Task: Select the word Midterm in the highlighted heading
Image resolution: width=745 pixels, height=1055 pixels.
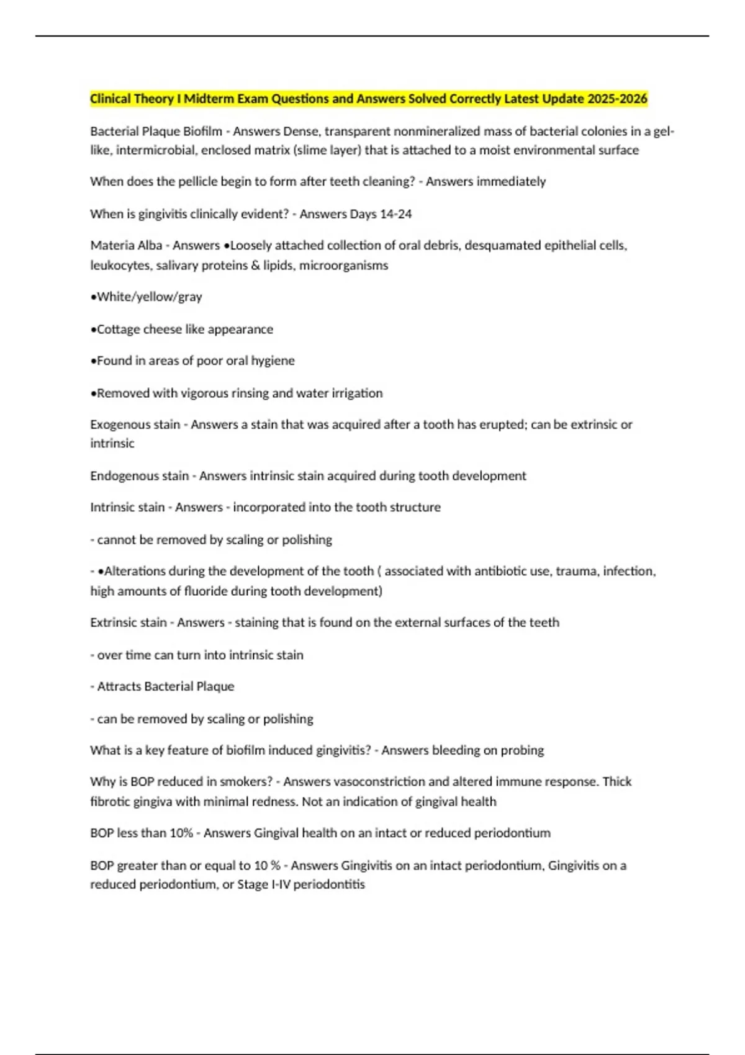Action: point(209,99)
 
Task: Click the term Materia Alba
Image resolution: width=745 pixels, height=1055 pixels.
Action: point(126,246)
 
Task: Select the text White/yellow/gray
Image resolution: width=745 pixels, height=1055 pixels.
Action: point(149,297)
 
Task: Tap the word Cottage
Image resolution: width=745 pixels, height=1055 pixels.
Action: point(119,330)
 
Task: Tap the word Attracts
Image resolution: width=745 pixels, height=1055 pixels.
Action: point(119,687)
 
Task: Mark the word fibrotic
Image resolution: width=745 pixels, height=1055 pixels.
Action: point(110,802)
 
